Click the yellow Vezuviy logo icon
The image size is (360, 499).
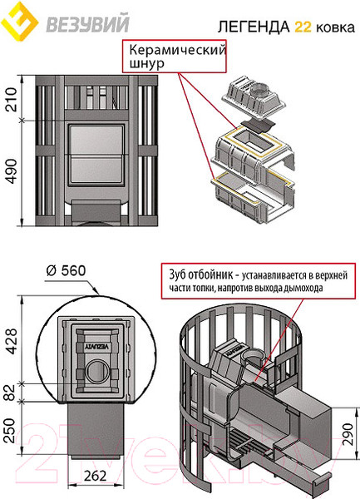pyautogui.click(x=19, y=22)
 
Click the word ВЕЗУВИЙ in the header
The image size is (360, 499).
pyautogui.click(x=88, y=23)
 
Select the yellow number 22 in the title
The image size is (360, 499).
pyautogui.click(x=303, y=27)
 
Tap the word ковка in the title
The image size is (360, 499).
pyautogui.click(x=335, y=28)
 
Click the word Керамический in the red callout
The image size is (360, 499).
pyautogui.click(x=177, y=51)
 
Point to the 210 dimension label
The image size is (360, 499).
pyautogui.click(x=11, y=100)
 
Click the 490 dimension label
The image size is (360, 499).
pyautogui.click(x=11, y=171)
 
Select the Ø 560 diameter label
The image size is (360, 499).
pyautogui.click(x=67, y=271)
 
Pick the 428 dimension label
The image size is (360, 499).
pyautogui.click(x=12, y=342)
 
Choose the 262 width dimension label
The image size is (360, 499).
pyautogui.click(x=96, y=476)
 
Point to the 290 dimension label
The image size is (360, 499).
pyautogui.click(x=348, y=435)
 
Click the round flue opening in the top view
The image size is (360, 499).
pyautogui.click(x=96, y=371)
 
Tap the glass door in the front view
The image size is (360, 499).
pyautogui.click(x=96, y=155)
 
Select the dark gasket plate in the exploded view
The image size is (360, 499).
pyautogui.click(x=257, y=126)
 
